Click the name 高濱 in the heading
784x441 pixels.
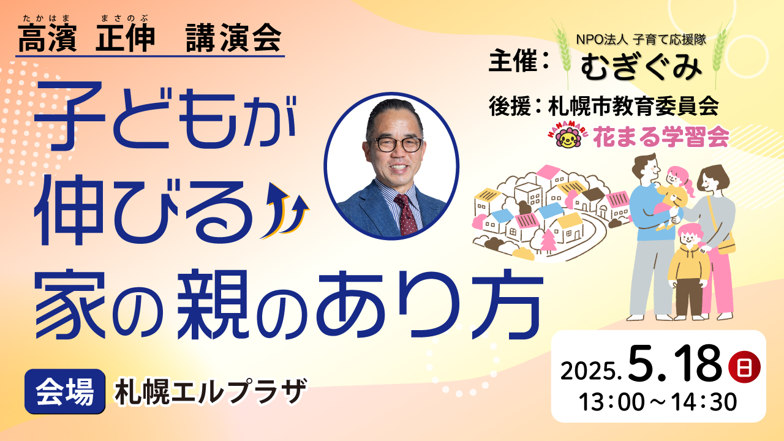(x=47, y=38)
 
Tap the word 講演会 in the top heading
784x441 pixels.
(x=233, y=38)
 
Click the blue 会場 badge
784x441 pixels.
(x=65, y=391)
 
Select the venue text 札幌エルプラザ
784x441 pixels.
(x=210, y=391)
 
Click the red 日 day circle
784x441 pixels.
(x=744, y=367)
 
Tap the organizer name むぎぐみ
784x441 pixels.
(x=641, y=66)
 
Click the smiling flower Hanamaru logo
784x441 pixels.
(x=568, y=138)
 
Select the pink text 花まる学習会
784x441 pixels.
(x=661, y=137)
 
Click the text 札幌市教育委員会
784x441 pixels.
(x=633, y=107)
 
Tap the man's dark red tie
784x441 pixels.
(x=405, y=214)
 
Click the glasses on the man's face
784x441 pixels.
(x=395, y=144)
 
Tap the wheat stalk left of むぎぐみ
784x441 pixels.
(x=563, y=53)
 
